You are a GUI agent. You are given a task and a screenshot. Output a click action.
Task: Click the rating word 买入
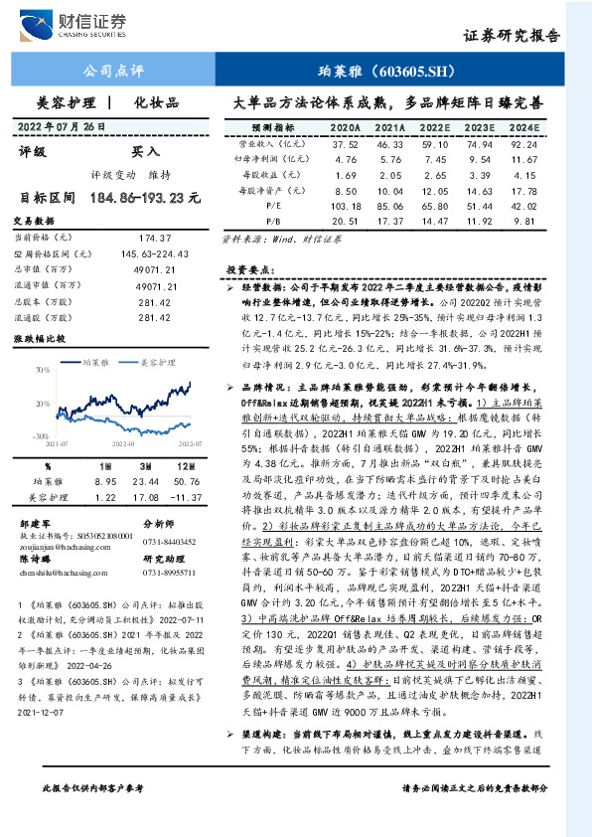(145, 151)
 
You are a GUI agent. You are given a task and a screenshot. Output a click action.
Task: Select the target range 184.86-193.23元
(144, 198)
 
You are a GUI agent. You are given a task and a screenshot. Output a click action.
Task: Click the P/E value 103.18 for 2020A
(345, 206)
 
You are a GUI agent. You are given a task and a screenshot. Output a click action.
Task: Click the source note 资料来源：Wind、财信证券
(278, 240)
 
